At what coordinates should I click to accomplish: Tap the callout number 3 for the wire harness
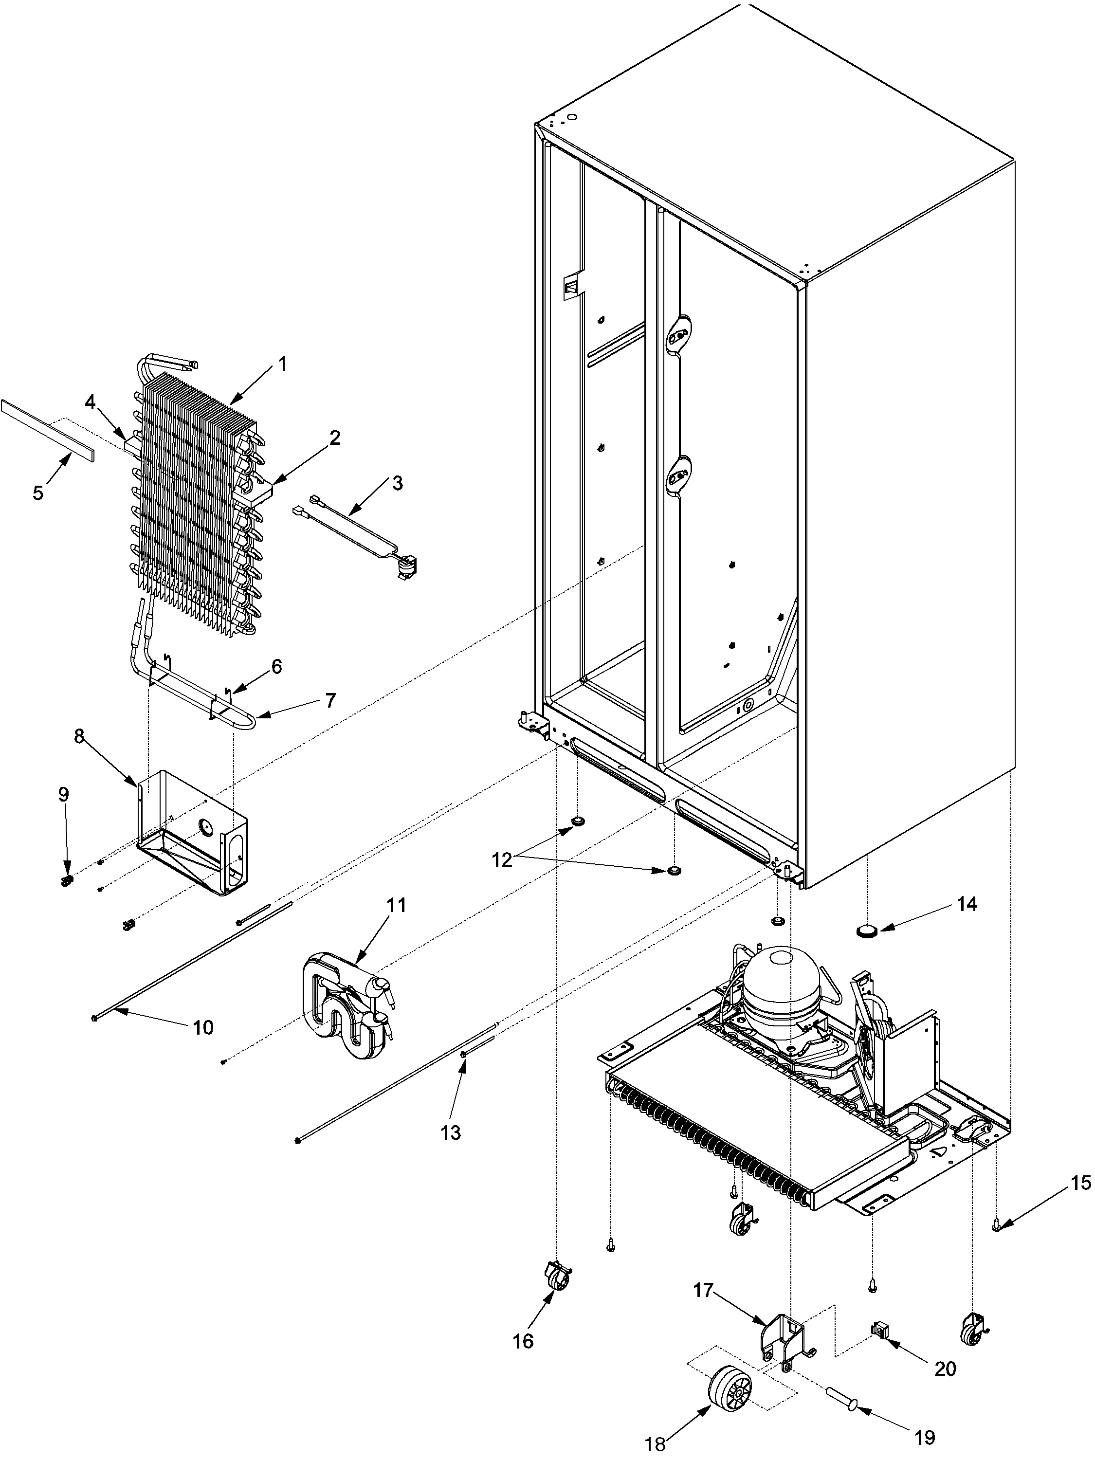(x=397, y=483)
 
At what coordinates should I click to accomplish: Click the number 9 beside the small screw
(x=63, y=795)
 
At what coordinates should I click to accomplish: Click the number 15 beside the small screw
(x=1080, y=1184)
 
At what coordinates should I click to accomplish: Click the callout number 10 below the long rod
(x=202, y=1028)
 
